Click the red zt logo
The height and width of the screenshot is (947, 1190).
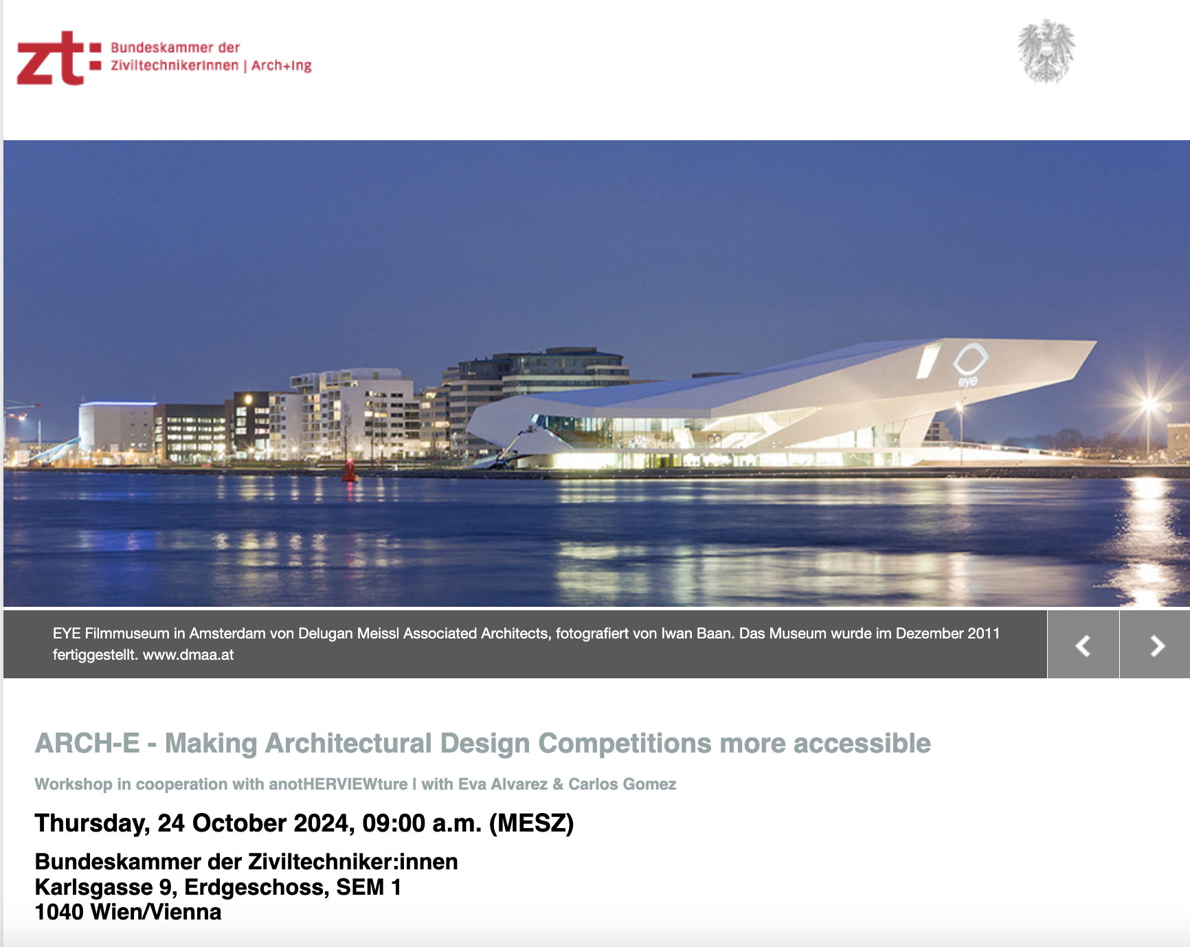click(x=59, y=58)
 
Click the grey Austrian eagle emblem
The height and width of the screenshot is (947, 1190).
click(x=1046, y=52)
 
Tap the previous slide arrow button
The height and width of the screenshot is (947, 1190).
click(x=1083, y=645)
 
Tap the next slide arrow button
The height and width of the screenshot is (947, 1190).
click(x=1156, y=645)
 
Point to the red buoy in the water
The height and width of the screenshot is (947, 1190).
click(x=350, y=471)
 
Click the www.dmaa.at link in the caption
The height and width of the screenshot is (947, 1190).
click(x=188, y=655)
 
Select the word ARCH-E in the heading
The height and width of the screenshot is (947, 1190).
click(x=87, y=744)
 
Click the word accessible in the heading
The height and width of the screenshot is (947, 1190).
click(x=862, y=744)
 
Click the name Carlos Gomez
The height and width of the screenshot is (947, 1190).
click(x=622, y=784)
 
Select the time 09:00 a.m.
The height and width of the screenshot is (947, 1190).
click(x=423, y=823)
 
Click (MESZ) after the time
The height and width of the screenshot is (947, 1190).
click(x=532, y=823)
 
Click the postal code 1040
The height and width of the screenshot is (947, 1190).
click(x=59, y=912)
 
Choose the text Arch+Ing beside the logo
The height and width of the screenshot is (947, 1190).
click(x=282, y=66)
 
